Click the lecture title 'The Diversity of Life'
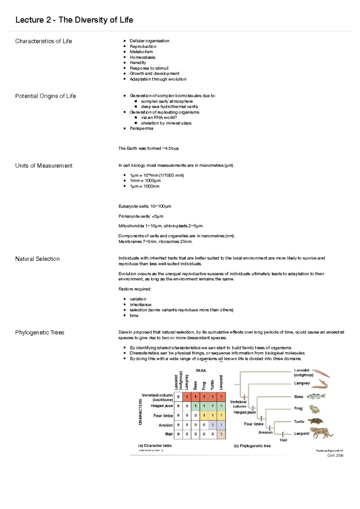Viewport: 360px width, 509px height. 96,20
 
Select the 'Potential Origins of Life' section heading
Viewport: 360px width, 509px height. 46,96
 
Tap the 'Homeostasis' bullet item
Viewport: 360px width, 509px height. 142,57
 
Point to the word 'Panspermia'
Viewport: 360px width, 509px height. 141,128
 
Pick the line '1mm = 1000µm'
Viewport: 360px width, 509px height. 145,180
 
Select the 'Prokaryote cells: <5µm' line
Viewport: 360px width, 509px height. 141,216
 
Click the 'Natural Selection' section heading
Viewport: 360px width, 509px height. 37,259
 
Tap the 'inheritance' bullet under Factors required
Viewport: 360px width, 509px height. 140,305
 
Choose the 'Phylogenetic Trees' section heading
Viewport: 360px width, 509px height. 40,332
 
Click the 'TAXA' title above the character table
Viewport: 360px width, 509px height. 201,371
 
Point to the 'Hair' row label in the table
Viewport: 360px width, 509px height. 169,434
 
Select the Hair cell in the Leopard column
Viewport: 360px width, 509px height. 221,434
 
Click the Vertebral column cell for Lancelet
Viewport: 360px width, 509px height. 178,397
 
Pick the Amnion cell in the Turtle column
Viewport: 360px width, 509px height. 212,425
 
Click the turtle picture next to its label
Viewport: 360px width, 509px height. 315,421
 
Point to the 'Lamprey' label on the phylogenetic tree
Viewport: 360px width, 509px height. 302,383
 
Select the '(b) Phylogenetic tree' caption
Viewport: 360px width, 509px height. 252,446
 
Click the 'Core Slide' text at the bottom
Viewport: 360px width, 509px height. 335,455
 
